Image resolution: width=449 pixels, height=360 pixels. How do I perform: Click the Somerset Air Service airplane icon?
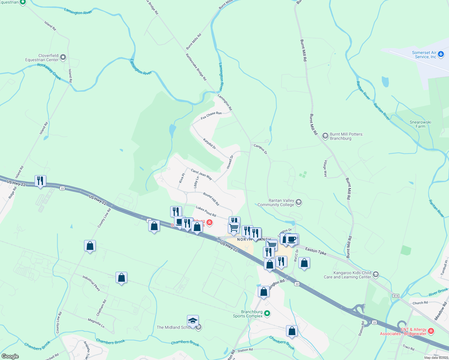pos(441,54)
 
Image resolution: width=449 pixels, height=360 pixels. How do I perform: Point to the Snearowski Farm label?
pos(420,124)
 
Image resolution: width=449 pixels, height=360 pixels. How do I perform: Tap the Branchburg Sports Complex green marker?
pos(267,314)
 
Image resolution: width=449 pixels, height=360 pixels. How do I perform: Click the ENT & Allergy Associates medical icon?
pos(431,331)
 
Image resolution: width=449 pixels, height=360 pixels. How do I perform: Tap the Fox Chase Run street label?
pos(211,115)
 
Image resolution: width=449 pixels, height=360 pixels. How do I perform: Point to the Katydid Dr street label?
pos(209,143)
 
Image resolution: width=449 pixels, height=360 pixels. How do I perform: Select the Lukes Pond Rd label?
pos(206,211)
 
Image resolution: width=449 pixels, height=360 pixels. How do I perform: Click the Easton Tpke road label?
pos(315,251)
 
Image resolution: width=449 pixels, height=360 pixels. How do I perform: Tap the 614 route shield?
pos(396,296)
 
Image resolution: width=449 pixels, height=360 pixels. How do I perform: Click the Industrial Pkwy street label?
pos(91,283)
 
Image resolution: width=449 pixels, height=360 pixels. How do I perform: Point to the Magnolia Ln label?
pos(96,323)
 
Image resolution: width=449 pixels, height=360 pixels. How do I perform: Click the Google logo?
pos(10,356)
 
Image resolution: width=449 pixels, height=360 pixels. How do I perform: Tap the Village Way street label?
pos(325,168)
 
